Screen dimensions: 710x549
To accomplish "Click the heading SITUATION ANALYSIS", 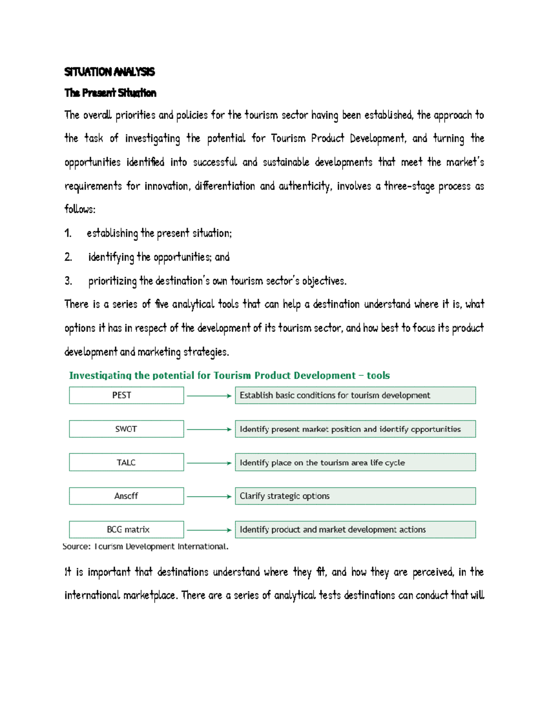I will pos(109,72).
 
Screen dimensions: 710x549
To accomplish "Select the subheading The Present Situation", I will pos(110,93).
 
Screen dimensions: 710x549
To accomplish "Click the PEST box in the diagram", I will pos(126,395).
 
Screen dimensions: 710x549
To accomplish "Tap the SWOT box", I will pos(126,429).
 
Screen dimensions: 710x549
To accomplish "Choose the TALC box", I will pos(126,462).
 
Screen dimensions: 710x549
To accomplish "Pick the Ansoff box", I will pos(126,496).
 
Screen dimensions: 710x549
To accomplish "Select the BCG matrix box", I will pos(126,529).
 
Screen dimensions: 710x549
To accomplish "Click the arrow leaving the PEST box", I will pos(209,396).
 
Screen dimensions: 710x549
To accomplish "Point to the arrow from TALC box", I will pos(209,463).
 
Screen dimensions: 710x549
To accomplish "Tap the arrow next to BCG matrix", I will pos(209,530).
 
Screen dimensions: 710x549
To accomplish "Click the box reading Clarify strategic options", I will pos(355,496).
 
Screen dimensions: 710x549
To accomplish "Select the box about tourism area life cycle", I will pos(355,462).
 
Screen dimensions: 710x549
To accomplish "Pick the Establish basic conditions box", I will pos(355,395).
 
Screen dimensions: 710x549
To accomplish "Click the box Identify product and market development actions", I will pos(355,529).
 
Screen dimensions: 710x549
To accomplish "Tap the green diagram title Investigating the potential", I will pos(229,375).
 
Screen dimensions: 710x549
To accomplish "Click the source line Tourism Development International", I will pos(145,546).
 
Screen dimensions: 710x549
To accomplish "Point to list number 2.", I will pos(68,257).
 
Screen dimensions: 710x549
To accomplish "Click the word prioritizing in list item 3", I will pos(112,281).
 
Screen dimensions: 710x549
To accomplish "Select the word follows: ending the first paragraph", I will pos(80,209).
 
